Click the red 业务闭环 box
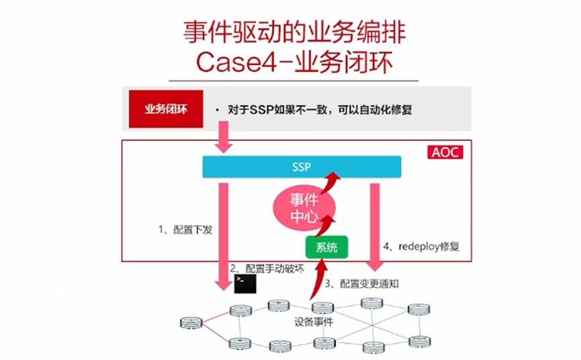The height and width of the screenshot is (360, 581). click(163, 109)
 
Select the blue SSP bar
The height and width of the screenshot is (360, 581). click(302, 167)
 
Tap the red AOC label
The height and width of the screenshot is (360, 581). click(445, 152)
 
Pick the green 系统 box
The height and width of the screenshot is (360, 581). click(327, 247)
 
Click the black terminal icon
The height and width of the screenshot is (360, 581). click(244, 284)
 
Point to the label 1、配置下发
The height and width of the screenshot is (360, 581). click(185, 230)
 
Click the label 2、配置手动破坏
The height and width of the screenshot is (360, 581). click(267, 268)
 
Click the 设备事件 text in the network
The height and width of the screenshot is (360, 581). click(314, 321)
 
